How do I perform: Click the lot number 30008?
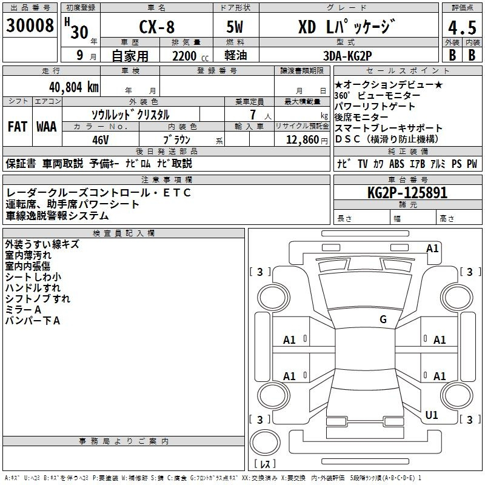point(30,26)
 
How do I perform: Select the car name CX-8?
point(155,29)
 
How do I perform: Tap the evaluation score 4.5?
point(460,28)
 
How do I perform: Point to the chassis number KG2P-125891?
point(407,193)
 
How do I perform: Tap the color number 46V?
point(100,139)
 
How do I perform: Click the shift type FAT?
point(18,127)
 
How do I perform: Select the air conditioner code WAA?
point(47,127)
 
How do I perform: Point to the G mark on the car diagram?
point(383,319)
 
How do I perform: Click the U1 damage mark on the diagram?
point(432,415)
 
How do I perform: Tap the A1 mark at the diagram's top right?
point(432,248)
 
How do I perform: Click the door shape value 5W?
point(236,29)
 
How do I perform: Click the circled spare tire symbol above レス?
point(265,444)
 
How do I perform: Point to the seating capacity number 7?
point(252,115)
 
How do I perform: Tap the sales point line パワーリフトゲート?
point(375,107)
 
